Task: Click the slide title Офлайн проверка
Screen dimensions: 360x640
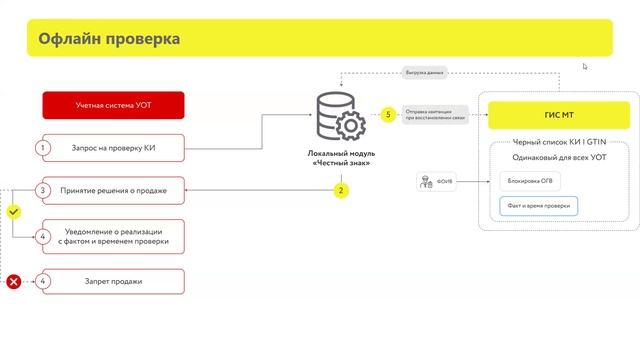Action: pyautogui.click(x=110, y=39)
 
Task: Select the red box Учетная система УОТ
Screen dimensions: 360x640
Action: pyautogui.click(x=113, y=105)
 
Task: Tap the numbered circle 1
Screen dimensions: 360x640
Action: pyautogui.click(x=42, y=148)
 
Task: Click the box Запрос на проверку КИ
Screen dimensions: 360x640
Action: pyautogui.click(x=113, y=148)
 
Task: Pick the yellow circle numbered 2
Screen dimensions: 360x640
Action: pyautogui.click(x=341, y=189)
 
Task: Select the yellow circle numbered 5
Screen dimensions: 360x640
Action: pyautogui.click(x=388, y=115)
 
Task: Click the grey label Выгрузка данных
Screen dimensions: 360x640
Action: pyautogui.click(x=424, y=73)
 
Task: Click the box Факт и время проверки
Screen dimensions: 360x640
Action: pyautogui.click(x=539, y=206)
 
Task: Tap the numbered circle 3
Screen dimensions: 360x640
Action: pyautogui.click(x=42, y=190)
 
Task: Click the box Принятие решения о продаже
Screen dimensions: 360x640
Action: pyautogui.click(x=113, y=190)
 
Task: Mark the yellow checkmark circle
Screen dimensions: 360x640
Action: pyautogui.click(x=14, y=212)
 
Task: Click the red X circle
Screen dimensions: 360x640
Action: pyautogui.click(x=14, y=282)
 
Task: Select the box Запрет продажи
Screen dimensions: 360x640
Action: pyautogui.click(x=113, y=282)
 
